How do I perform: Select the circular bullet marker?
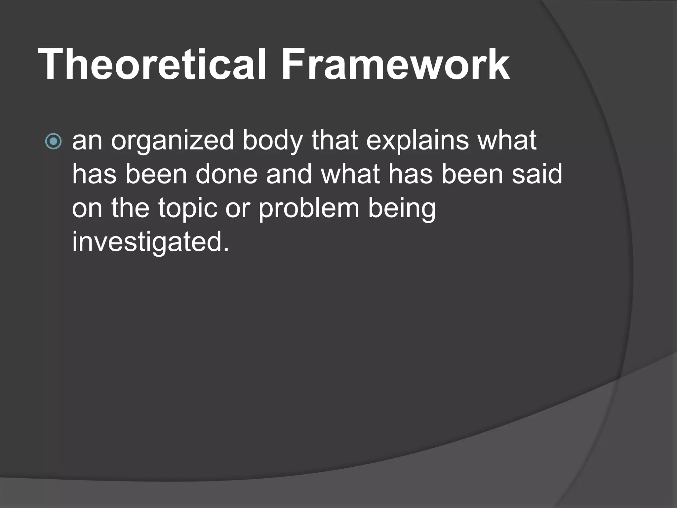(x=53, y=142)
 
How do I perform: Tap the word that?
(x=334, y=140)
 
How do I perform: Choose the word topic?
(x=187, y=209)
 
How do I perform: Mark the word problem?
(x=309, y=209)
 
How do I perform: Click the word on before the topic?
(x=87, y=209)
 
